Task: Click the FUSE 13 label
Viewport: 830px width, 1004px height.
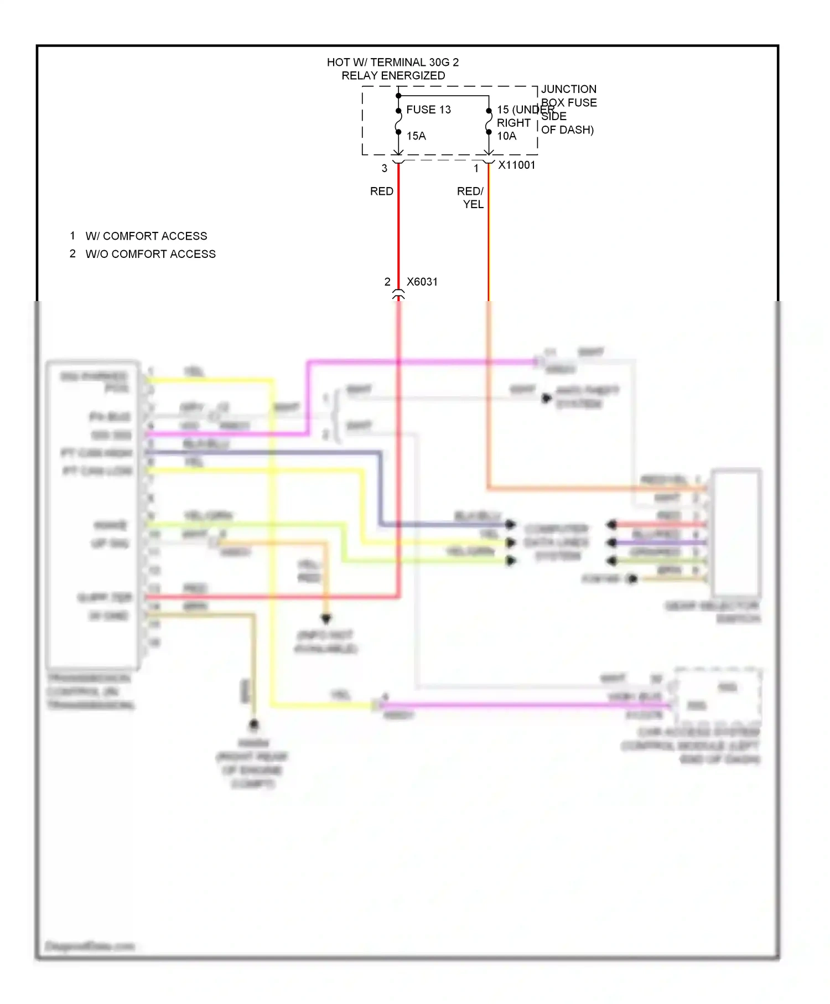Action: point(428,110)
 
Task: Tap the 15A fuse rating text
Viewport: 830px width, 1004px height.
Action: point(416,136)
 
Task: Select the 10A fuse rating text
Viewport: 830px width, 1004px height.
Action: point(506,136)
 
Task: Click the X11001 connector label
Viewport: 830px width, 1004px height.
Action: point(517,165)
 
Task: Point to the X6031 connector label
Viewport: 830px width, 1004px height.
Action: point(422,282)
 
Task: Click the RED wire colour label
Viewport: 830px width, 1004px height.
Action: point(382,192)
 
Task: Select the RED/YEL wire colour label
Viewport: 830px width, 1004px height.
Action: point(471,198)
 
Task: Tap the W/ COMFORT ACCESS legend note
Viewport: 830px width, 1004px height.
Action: point(146,236)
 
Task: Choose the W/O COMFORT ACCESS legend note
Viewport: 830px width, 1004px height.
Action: point(151,254)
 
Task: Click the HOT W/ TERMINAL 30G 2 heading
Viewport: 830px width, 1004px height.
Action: point(393,63)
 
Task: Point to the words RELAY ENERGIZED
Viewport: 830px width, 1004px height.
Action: point(393,76)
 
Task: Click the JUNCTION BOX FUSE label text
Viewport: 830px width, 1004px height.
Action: point(569,96)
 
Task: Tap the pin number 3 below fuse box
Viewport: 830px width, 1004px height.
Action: point(385,168)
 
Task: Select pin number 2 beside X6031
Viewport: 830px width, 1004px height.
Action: point(387,282)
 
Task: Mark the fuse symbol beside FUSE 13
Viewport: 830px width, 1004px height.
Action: point(398,122)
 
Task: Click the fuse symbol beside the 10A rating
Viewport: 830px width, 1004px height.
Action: point(489,122)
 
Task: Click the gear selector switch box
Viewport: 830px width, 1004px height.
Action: point(736,532)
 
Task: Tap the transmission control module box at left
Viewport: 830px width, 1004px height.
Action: point(92,515)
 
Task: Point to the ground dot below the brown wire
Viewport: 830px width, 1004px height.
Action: point(254,724)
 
